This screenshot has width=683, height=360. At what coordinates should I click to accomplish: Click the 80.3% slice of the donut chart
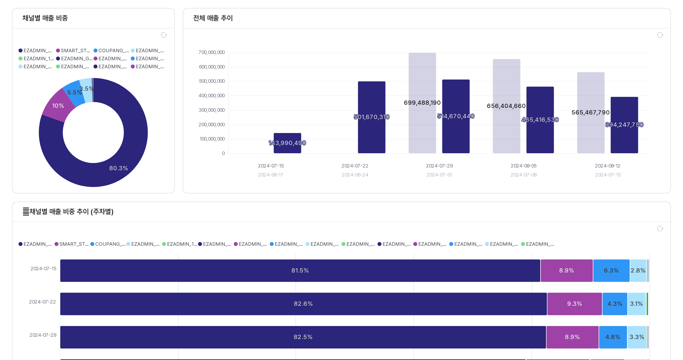(x=118, y=168)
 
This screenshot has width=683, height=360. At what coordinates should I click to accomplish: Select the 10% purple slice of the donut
(x=58, y=106)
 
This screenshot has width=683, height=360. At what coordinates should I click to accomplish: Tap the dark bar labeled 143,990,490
(x=287, y=143)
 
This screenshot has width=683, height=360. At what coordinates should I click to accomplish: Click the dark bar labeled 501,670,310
(x=371, y=117)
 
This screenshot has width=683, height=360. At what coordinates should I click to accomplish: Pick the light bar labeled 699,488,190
(x=422, y=103)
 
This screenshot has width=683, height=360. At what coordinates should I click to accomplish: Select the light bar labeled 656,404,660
(x=506, y=106)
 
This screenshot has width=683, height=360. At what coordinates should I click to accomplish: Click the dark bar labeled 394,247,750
(x=624, y=125)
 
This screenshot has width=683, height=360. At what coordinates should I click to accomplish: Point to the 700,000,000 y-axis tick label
(x=211, y=52)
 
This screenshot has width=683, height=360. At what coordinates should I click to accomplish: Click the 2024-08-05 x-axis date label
(x=523, y=166)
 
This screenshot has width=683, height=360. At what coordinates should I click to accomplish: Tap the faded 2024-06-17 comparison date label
(x=270, y=175)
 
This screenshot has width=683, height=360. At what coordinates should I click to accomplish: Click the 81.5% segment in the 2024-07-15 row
(x=300, y=270)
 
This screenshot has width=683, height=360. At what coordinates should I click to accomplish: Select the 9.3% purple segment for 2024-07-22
(x=574, y=303)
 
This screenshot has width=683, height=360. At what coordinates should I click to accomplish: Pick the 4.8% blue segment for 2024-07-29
(x=612, y=337)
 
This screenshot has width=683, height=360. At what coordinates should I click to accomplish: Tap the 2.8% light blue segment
(x=638, y=270)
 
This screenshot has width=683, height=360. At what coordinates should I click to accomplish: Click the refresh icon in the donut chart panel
(x=164, y=35)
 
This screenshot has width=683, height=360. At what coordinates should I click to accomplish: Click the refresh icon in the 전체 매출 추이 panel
(x=660, y=35)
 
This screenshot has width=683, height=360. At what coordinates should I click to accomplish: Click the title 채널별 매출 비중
(x=45, y=18)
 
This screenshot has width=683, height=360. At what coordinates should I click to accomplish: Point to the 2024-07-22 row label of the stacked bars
(x=42, y=302)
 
